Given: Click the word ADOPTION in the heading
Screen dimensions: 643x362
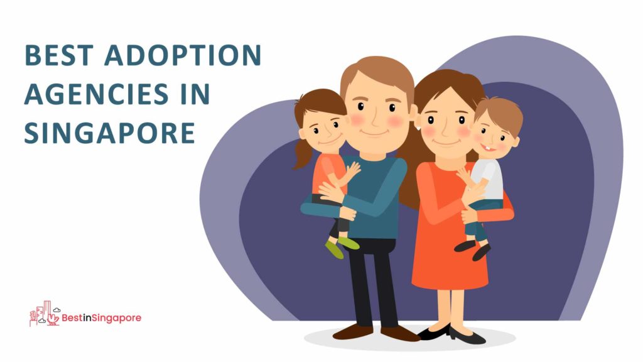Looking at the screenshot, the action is [183, 55].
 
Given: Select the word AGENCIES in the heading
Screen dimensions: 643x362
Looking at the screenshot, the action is [96, 94].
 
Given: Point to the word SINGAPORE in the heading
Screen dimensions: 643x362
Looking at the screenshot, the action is [109, 133].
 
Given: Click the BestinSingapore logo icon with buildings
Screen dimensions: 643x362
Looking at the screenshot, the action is [45, 314].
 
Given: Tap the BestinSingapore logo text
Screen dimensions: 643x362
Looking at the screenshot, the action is [101, 318].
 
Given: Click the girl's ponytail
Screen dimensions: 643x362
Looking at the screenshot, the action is [303, 154].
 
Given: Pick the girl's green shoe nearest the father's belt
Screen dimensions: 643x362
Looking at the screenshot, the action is [349, 243].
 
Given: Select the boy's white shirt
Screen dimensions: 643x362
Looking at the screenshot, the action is [489, 179].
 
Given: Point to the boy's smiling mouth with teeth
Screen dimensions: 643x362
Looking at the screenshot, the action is [489, 146].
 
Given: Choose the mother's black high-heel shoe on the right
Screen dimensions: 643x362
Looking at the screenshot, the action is [467, 336].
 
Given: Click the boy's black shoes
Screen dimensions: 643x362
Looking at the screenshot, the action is [473, 249].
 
